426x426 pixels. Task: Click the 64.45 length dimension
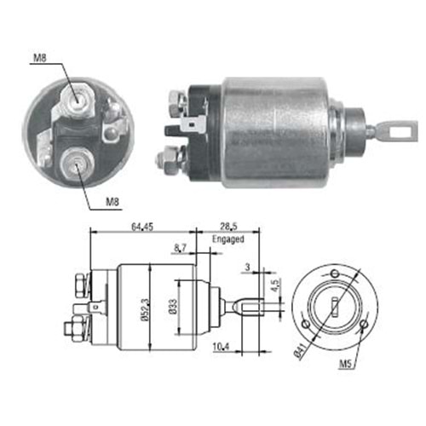point(142,227)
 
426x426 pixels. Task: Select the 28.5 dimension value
point(228,227)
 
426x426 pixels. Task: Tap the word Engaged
point(228,239)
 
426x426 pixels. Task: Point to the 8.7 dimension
point(180,248)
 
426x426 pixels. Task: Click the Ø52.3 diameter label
point(145,310)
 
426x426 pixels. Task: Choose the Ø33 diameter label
point(173,307)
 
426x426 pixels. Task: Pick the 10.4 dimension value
point(221,347)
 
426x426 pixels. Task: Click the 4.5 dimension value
point(274,285)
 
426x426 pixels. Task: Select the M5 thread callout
point(346,363)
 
